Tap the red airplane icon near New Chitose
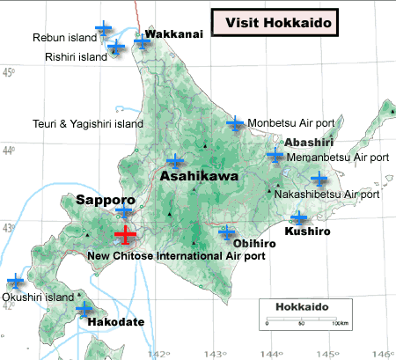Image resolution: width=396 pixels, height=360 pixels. point(125,235)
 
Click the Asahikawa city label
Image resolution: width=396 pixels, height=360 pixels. point(200,177)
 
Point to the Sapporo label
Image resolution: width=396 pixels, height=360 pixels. point(105,200)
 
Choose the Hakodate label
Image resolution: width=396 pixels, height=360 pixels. point(116,323)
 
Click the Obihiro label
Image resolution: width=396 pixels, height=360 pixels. point(256,243)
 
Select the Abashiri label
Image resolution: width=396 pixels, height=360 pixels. point(308,142)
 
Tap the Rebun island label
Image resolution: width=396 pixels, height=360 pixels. point(63,38)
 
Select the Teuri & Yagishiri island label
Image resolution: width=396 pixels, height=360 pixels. point(87,124)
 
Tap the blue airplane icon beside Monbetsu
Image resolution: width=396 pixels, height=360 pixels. point(235,123)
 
